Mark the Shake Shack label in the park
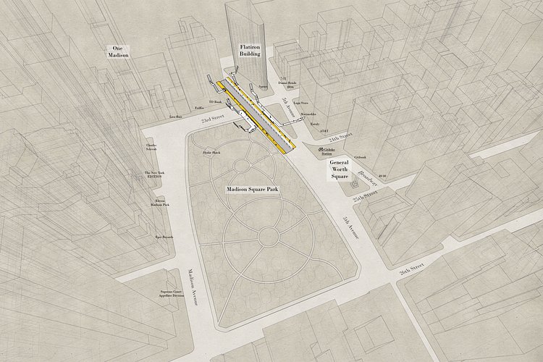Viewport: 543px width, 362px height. (x=212, y=153)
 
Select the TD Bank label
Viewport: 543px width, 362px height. (x=216, y=103)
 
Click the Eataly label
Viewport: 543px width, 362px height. (x=315, y=125)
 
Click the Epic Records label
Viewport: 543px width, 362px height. (x=164, y=237)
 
